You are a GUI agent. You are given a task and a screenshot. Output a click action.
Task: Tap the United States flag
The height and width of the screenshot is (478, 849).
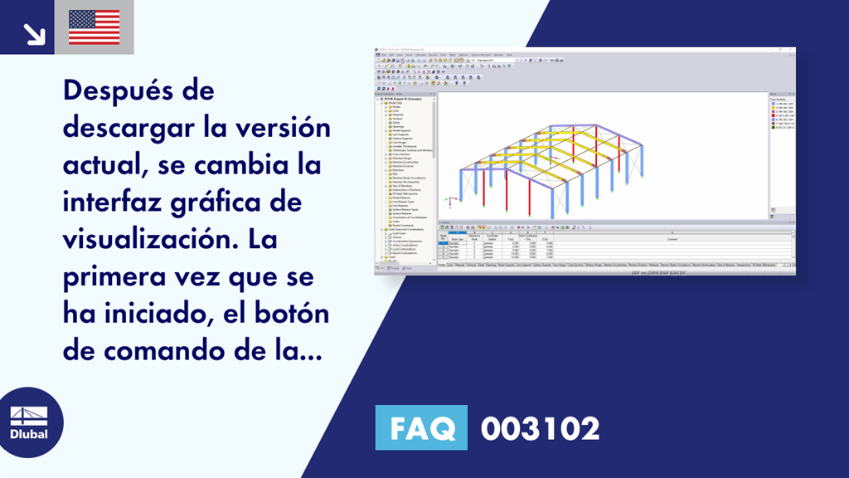pos(94,27)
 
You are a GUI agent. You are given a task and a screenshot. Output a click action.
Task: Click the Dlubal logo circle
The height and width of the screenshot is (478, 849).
pos(31,422)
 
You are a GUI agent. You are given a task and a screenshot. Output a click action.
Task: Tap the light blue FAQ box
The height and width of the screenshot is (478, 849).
pos(421,428)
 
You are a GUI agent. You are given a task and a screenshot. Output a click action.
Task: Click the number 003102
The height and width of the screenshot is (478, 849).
pos(540,429)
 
